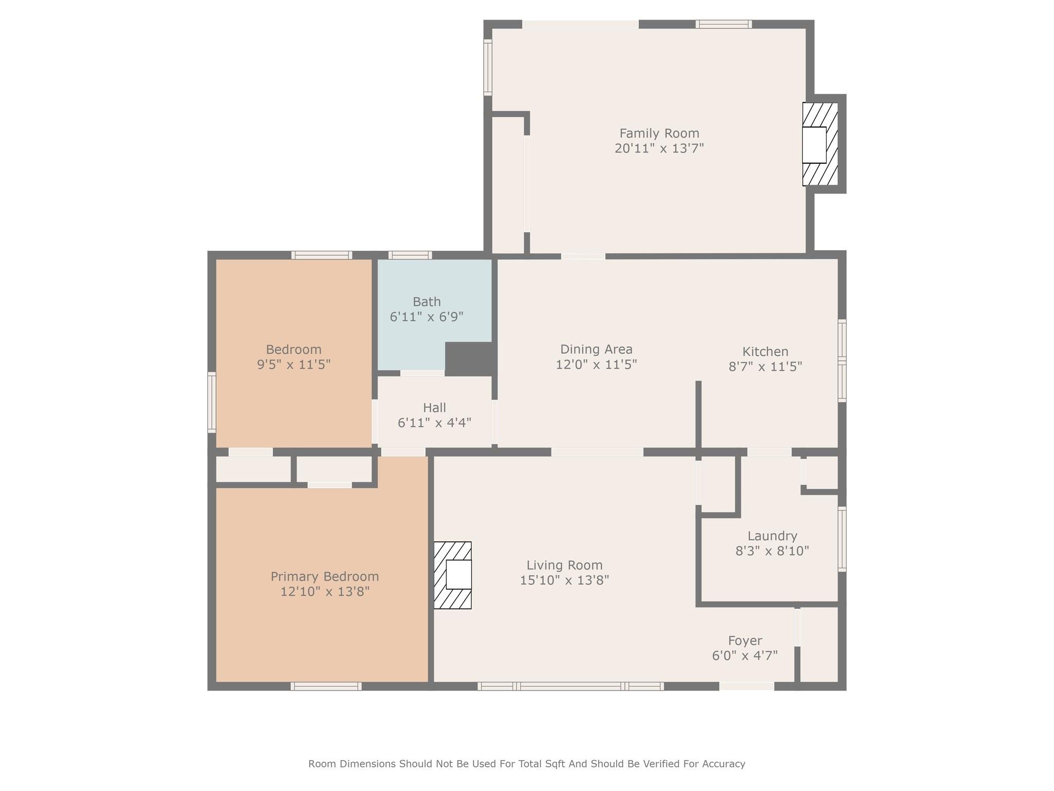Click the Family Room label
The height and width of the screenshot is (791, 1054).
coord(659,133)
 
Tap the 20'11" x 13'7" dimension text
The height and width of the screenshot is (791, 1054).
coord(659,148)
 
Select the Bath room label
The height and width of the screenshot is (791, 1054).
coord(427,302)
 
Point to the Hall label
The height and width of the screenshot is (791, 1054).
coord(434,408)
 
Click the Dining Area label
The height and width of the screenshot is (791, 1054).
coord(596,350)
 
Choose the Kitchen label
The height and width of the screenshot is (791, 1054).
coord(765,352)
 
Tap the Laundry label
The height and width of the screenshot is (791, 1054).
coord(772,536)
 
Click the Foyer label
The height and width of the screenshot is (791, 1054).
coord(745,641)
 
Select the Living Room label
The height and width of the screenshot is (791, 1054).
coord(565,565)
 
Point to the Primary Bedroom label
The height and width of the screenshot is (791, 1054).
coord(325,576)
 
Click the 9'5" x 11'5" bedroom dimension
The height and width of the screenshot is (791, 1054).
coord(293,365)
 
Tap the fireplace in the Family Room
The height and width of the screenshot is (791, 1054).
coord(820,144)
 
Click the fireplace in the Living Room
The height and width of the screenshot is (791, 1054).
coord(452,575)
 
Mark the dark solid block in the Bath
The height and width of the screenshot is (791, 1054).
coord(470,359)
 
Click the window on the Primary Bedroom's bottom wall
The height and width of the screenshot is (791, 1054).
coord(326,686)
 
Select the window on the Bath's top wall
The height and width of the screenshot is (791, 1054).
coord(410,255)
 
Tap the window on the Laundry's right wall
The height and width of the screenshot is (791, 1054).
coord(842,539)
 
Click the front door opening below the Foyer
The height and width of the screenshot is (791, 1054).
coord(746,686)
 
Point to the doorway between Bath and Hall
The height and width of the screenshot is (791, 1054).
coord(423,373)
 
